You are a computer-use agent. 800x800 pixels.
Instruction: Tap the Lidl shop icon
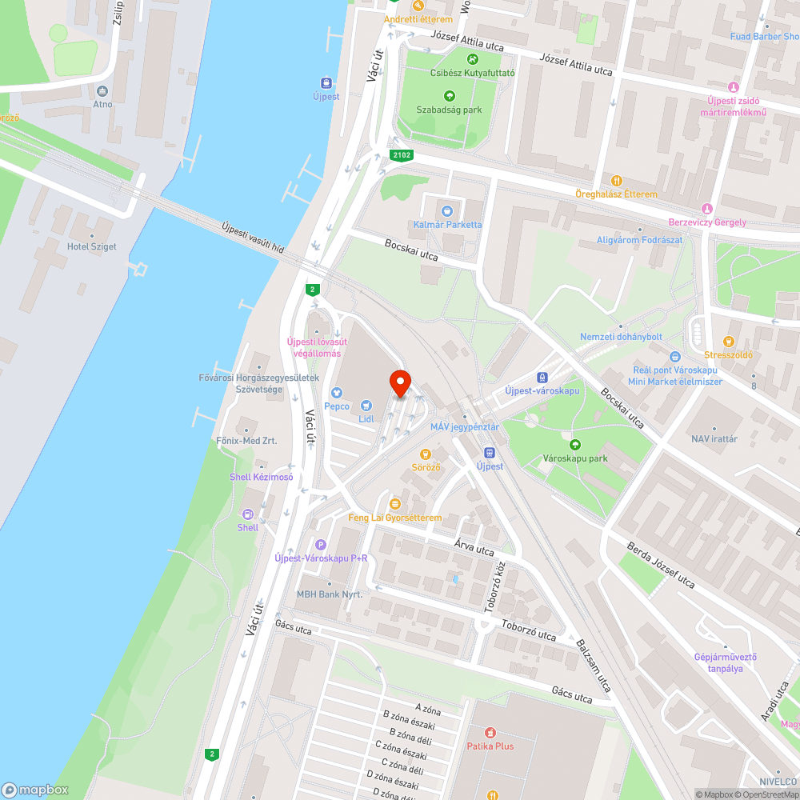click(366, 406)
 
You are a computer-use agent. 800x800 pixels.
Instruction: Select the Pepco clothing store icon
click(337, 393)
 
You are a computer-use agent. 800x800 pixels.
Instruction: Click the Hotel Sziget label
click(92, 246)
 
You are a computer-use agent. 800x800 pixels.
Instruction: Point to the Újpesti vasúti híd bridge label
click(253, 238)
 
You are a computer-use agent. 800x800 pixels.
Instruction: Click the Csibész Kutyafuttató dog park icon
click(472, 58)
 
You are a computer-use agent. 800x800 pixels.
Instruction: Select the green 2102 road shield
click(401, 154)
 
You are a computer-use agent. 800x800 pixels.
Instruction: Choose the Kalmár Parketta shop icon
click(447, 211)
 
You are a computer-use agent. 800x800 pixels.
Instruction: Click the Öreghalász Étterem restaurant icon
click(616, 181)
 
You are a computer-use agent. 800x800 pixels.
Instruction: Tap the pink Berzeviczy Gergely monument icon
click(706, 209)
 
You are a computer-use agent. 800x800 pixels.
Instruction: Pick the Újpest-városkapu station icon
click(542, 377)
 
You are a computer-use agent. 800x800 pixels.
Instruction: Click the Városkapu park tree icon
click(574, 445)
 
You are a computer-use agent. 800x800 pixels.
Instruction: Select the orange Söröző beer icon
click(426, 454)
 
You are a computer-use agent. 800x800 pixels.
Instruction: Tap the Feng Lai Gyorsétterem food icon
click(394, 503)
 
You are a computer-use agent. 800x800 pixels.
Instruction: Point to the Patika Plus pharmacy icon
click(490, 732)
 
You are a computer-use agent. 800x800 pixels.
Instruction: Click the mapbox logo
click(36, 790)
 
